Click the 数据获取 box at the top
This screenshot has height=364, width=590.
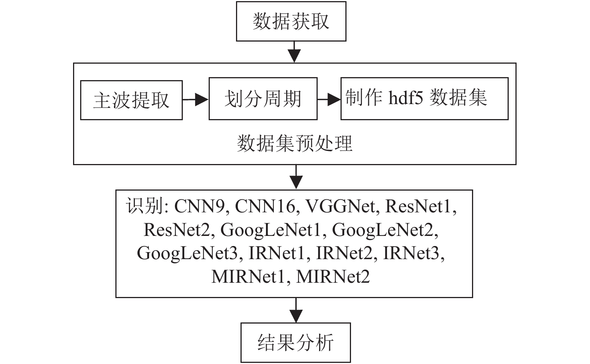291,21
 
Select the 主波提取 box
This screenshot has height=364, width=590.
131,100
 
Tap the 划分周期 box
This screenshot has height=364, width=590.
263,99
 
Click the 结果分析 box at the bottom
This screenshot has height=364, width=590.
296,343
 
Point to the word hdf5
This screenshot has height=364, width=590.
406,98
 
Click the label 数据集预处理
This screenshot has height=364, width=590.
294,143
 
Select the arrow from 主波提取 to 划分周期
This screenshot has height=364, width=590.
196,100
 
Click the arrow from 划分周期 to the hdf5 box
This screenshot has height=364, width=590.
329,100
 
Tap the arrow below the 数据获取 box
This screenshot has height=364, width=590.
294,52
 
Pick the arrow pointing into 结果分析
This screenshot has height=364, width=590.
296,310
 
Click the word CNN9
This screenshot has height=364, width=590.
200,206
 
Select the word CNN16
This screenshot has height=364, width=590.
265,206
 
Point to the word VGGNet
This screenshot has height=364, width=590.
340,206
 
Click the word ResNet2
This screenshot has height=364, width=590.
177,230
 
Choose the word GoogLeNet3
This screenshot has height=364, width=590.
187,254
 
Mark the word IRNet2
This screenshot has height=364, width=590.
344,253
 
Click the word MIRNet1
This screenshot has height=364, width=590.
248,276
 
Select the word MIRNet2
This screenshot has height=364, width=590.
333,276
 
